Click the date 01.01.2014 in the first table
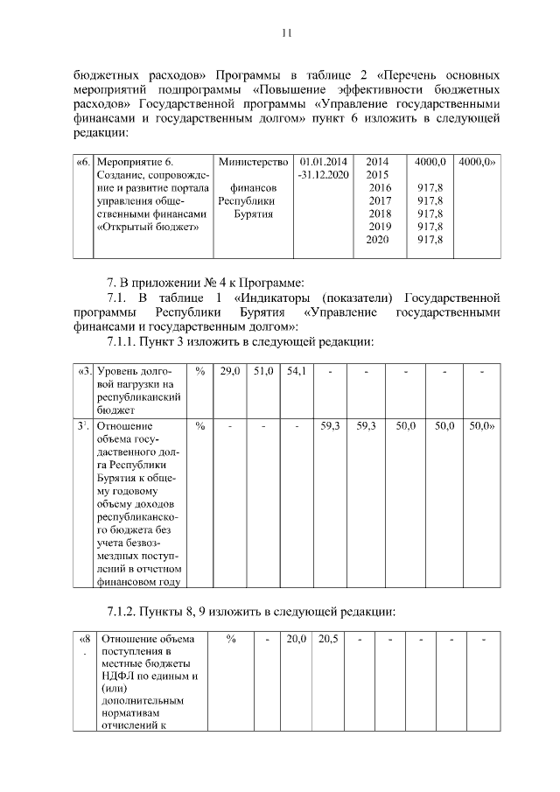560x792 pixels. pos(323,163)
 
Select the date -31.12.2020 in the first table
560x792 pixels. pos(323,175)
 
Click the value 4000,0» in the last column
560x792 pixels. pos(478,163)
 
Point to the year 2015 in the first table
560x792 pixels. pos(377,175)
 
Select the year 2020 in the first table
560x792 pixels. pos(377,239)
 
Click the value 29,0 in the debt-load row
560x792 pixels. pos(230,372)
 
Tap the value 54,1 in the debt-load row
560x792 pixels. pos(296,372)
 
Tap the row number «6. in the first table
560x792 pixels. pos(83,163)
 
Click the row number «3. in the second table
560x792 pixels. pos(84,372)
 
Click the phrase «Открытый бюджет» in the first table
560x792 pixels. pos(147,226)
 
